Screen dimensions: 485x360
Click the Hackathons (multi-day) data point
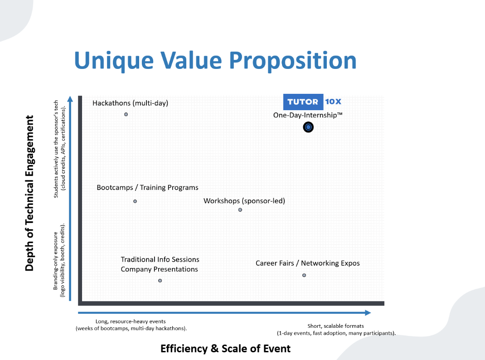point(126,114)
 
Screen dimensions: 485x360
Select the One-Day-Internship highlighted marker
point(308,127)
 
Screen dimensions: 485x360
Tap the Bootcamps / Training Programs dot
point(135,201)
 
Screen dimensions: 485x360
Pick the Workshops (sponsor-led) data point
point(240,210)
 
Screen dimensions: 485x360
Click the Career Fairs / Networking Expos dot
point(304,275)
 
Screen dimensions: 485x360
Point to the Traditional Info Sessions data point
point(160,281)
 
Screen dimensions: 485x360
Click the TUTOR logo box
point(303,102)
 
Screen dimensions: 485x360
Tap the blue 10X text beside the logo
point(333,102)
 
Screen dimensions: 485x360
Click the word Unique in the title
point(114,61)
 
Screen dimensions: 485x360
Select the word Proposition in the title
point(293,61)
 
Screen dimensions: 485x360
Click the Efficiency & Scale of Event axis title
point(225,349)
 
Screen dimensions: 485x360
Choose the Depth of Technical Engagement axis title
point(29,193)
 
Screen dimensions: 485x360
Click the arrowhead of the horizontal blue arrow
point(368,313)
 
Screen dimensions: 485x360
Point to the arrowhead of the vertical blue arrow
point(70,99)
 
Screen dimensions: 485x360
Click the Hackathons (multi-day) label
point(130,103)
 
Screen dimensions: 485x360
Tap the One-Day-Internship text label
point(308,115)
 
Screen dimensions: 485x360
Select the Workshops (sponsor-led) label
point(244,201)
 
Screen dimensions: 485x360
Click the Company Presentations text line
point(159,269)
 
